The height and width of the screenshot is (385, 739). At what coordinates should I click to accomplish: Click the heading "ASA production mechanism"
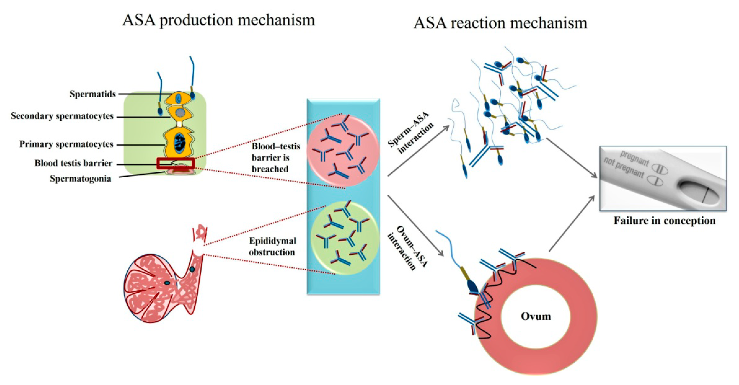[219, 20]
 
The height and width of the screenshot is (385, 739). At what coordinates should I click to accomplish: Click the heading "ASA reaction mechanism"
[500, 23]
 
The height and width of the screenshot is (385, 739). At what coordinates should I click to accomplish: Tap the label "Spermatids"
[93, 94]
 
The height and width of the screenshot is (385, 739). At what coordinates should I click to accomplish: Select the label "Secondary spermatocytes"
[62, 116]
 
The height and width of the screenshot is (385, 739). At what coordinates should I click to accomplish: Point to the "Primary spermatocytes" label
[66, 144]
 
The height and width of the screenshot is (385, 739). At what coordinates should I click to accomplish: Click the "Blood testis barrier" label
[73, 163]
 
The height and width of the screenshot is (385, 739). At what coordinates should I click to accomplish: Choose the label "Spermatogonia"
[81, 179]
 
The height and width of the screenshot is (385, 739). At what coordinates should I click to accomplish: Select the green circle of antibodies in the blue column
[345, 238]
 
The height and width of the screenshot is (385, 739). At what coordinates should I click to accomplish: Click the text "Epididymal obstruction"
[272, 246]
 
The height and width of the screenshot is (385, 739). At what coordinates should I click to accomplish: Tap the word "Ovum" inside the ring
[536, 316]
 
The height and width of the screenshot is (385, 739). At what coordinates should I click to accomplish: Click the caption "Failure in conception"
[664, 221]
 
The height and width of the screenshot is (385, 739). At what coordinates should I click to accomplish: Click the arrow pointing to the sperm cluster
[418, 151]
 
